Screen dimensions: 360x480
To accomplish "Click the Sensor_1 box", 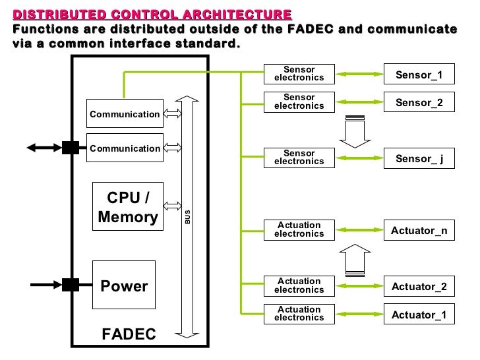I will [x=419, y=75].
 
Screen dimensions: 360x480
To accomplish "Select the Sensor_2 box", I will [x=419, y=103].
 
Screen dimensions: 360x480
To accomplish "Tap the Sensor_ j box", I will [x=419, y=158].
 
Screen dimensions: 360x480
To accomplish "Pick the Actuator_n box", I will [x=419, y=230].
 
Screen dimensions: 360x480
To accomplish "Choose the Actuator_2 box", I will [x=419, y=286].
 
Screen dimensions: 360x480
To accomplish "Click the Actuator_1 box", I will [x=419, y=315].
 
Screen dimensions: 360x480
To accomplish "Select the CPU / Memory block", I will [x=127, y=208].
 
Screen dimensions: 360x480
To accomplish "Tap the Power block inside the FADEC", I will [x=124, y=285].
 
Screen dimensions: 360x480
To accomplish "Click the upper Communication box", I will [x=125, y=114].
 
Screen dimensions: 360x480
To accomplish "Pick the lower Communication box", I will [x=125, y=148].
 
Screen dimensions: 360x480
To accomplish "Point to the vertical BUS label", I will [x=187, y=217].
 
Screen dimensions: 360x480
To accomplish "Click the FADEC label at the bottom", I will [x=129, y=334].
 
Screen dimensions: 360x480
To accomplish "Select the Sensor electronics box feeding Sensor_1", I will [x=299, y=74].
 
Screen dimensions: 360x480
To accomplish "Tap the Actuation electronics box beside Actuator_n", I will [x=299, y=229].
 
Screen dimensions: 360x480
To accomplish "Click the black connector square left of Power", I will [x=71, y=285].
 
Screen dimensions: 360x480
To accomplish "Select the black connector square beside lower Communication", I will [x=71, y=147].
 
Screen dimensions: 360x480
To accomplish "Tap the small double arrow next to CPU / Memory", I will [x=172, y=206].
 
